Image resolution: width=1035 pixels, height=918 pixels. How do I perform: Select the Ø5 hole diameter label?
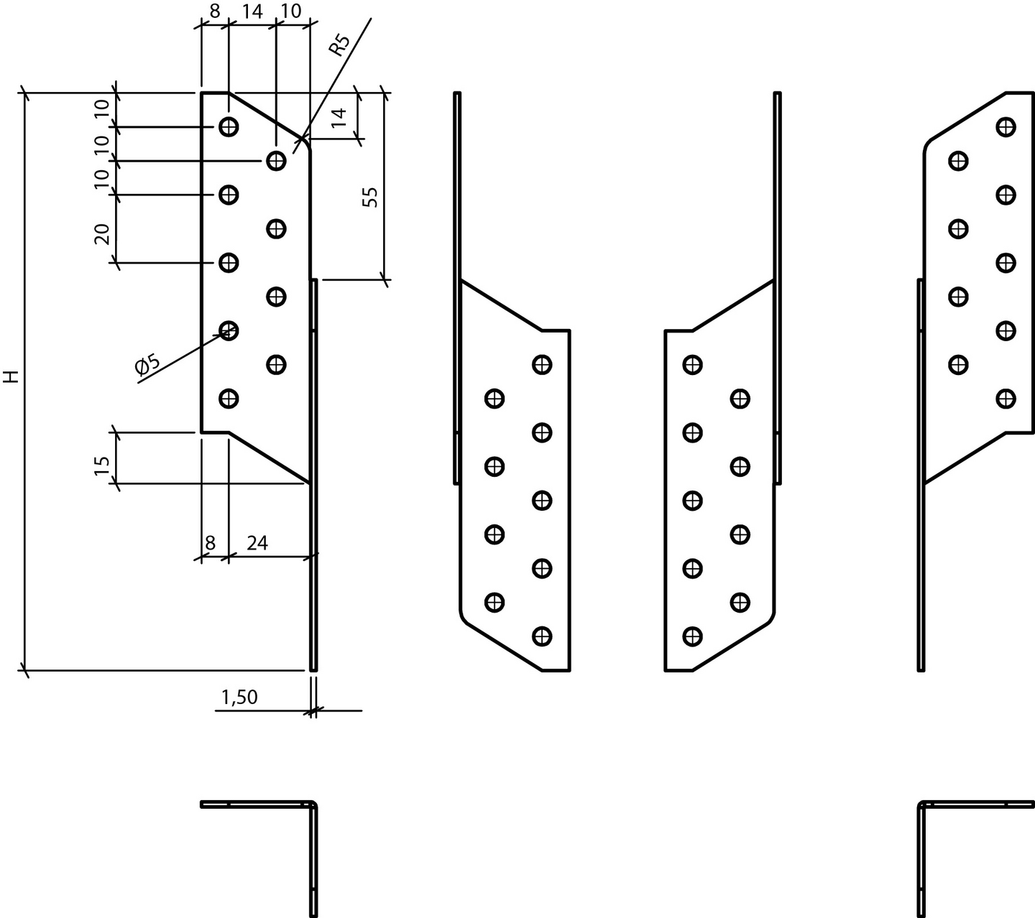[147, 366]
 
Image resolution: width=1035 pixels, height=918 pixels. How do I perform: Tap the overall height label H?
[10, 376]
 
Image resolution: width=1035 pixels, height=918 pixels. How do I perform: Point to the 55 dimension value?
[369, 197]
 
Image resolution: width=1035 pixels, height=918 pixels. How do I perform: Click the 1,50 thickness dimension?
[239, 697]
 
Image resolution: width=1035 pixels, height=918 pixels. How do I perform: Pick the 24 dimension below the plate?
[257, 543]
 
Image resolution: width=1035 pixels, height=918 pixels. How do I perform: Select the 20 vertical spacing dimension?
[102, 233]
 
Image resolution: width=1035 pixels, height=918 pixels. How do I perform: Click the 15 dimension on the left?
[102, 465]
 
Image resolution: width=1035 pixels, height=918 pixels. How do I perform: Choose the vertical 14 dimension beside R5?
[339, 116]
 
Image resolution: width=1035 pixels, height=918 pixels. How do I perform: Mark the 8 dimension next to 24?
[210, 543]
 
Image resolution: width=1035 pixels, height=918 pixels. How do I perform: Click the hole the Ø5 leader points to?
[229, 330]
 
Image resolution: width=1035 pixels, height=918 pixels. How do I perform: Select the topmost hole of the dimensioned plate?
[229, 127]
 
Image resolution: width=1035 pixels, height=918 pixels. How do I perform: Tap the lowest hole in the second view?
[542, 636]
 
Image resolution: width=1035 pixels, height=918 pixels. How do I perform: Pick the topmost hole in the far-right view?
[1006, 127]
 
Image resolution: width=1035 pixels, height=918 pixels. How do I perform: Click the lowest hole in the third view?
[692, 636]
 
